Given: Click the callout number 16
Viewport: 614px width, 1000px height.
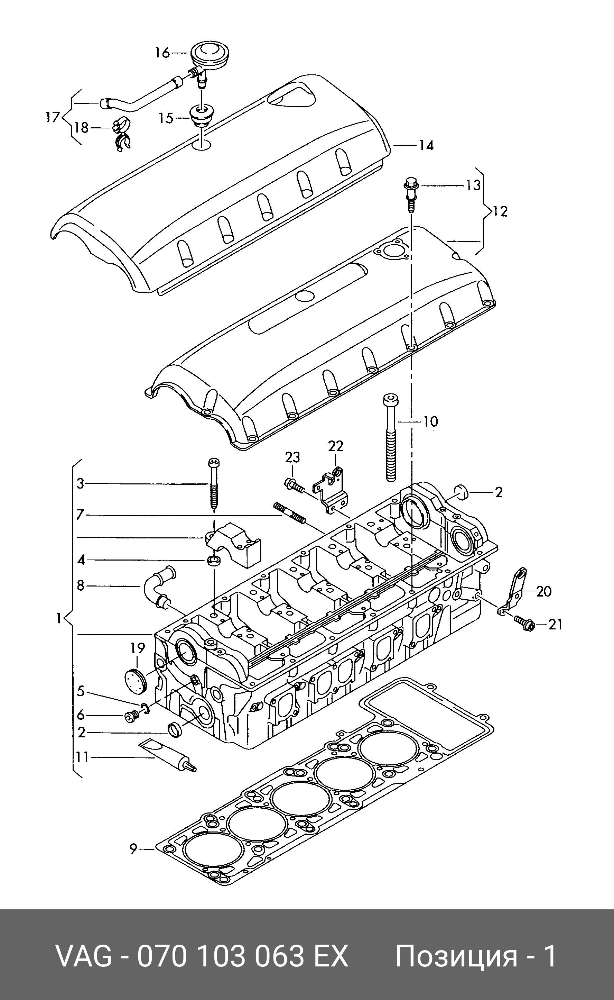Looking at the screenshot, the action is (162, 53).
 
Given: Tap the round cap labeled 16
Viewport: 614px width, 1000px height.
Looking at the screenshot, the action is (208, 53).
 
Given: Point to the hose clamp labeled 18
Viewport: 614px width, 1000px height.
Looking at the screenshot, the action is (121, 135).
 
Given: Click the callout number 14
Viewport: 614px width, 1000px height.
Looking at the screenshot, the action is (426, 145).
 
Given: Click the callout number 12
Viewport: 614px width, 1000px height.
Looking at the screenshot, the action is (500, 211).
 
